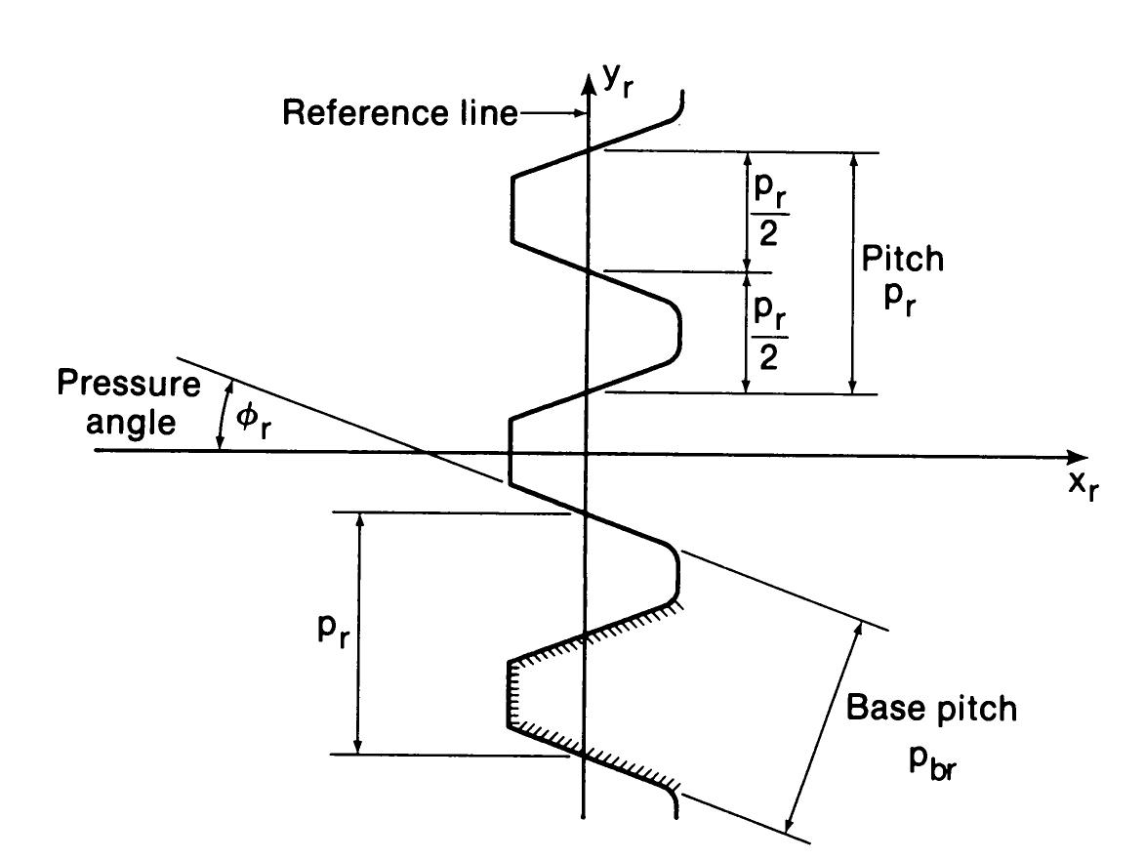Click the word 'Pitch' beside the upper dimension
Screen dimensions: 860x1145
coord(904,259)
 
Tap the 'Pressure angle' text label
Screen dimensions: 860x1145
coord(127,405)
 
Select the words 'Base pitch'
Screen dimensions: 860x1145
coord(931,708)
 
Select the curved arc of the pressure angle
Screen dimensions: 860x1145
coord(223,415)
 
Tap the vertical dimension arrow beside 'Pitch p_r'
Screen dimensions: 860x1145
coord(854,273)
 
